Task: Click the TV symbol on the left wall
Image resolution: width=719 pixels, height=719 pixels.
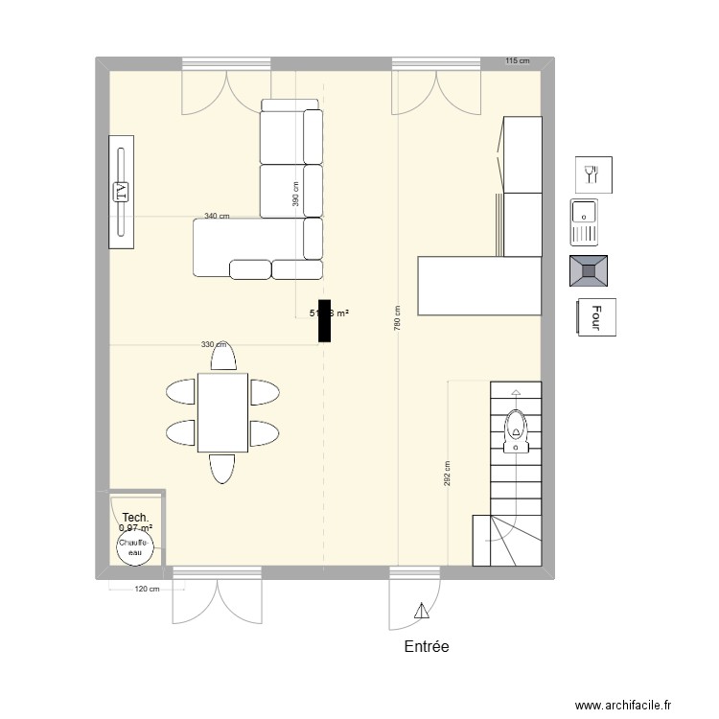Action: (121, 193)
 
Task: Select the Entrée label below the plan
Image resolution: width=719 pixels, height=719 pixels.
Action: (427, 647)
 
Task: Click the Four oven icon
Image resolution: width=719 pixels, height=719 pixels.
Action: (595, 318)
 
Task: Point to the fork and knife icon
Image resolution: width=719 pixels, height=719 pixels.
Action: (591, 174)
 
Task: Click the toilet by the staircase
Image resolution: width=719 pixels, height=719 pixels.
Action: (516, 430)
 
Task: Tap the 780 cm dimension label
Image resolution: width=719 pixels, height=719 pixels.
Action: (396, 318)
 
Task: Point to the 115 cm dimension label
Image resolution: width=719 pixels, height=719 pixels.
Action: (517, 61)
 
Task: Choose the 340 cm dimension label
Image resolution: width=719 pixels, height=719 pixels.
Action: (217, 216)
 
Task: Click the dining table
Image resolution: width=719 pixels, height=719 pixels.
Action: (222, 413)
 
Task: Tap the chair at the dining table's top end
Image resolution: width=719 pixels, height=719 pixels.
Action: (223, 357)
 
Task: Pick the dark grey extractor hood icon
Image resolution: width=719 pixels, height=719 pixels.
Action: (589, 271)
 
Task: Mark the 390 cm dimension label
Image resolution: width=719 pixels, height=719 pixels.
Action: (295, 195)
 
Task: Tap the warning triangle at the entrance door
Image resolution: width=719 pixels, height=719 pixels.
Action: (420, 610)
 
